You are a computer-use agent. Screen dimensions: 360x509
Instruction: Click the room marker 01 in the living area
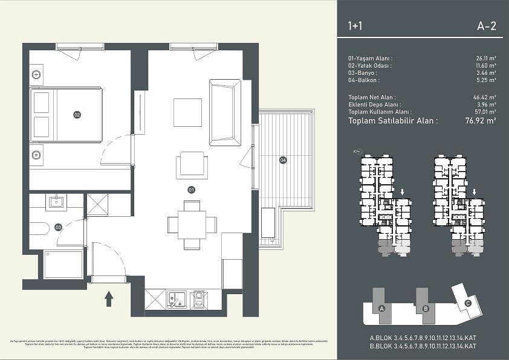[191, 189]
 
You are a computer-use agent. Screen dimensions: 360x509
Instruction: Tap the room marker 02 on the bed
[77, 114]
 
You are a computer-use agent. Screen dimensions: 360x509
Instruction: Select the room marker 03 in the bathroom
[58, 227]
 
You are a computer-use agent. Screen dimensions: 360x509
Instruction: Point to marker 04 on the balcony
[282, 160]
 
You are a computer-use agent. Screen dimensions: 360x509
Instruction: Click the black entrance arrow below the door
[109, 298]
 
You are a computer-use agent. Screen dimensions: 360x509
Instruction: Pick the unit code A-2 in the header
[486, 26]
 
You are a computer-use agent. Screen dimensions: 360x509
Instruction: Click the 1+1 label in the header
[356, 26]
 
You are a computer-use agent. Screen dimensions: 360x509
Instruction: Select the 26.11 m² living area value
[485, 59]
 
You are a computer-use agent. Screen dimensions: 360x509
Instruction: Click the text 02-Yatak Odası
[369, 66]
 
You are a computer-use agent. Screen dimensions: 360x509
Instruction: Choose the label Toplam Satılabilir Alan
[393, 120]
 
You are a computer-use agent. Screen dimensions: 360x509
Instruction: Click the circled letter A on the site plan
[381, 309]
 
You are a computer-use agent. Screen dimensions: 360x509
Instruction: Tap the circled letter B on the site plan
[426, 309]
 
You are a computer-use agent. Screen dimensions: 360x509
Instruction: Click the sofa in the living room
[225, 112]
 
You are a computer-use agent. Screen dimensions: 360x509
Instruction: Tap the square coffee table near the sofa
[187, 112]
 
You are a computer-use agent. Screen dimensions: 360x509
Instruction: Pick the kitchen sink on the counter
[177, 298]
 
